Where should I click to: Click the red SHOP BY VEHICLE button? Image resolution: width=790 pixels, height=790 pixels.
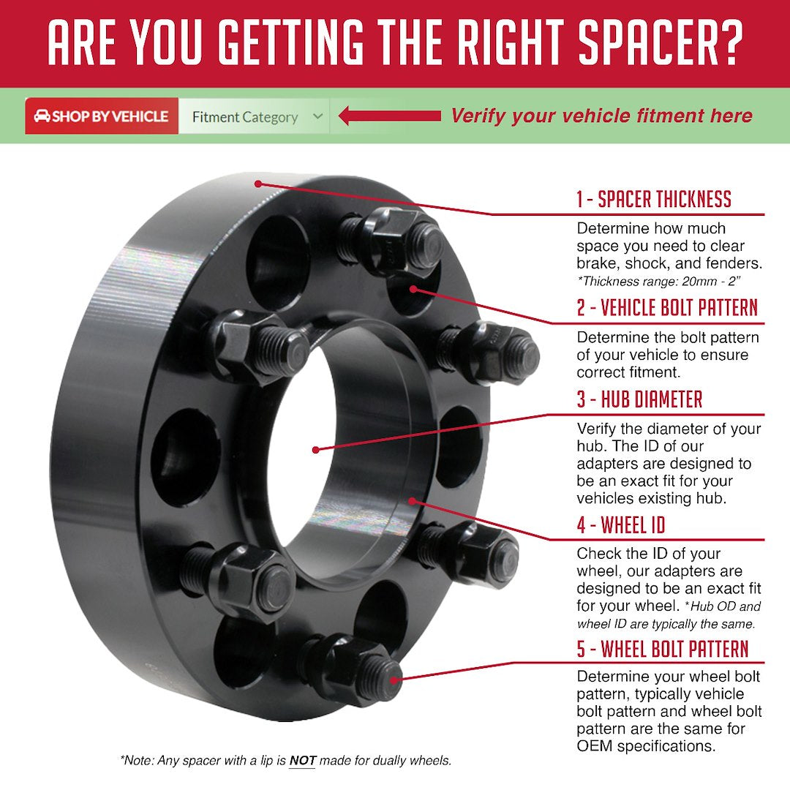pyautogui.click(x=102, y=116)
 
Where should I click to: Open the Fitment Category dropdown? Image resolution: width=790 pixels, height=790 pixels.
pyautogui.click(x=253, y=117)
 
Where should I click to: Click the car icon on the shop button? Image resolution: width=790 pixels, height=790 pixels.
pyautogui.click(x=42, y=116)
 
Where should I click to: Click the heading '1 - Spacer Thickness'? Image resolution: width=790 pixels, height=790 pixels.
pyautogui.click(x=653, y=199)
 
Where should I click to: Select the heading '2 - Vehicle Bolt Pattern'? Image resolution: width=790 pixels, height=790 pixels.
pyautogui.click(x=666, y=308)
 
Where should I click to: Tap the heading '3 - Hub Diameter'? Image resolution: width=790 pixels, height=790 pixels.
pyautogui.click(x=639, y=399)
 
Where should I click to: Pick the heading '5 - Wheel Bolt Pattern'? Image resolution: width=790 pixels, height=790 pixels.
pyautogui.click(x=663, y=649)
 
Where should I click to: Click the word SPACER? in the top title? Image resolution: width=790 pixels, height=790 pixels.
pyautogui.click(x=661, y=44)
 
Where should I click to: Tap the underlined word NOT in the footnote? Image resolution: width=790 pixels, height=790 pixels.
pyautogui.click(x=302, y=761)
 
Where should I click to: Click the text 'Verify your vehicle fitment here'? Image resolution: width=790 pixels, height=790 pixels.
pyautogui.click(x=601, y=116)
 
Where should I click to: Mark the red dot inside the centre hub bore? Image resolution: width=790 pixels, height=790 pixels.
pyautogui.click(x=315, y=450)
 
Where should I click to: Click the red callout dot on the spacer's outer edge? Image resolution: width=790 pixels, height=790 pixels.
pyautogui.click(x=258, y=183)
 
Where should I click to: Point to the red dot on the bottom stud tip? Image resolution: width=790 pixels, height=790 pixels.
pyautogui.click(x=395, y=678)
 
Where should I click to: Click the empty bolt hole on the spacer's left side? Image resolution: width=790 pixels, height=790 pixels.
pyautogui.click(x=185, y=458)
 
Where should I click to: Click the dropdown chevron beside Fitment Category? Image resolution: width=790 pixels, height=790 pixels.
pyautogui.click(x=317, y=116)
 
